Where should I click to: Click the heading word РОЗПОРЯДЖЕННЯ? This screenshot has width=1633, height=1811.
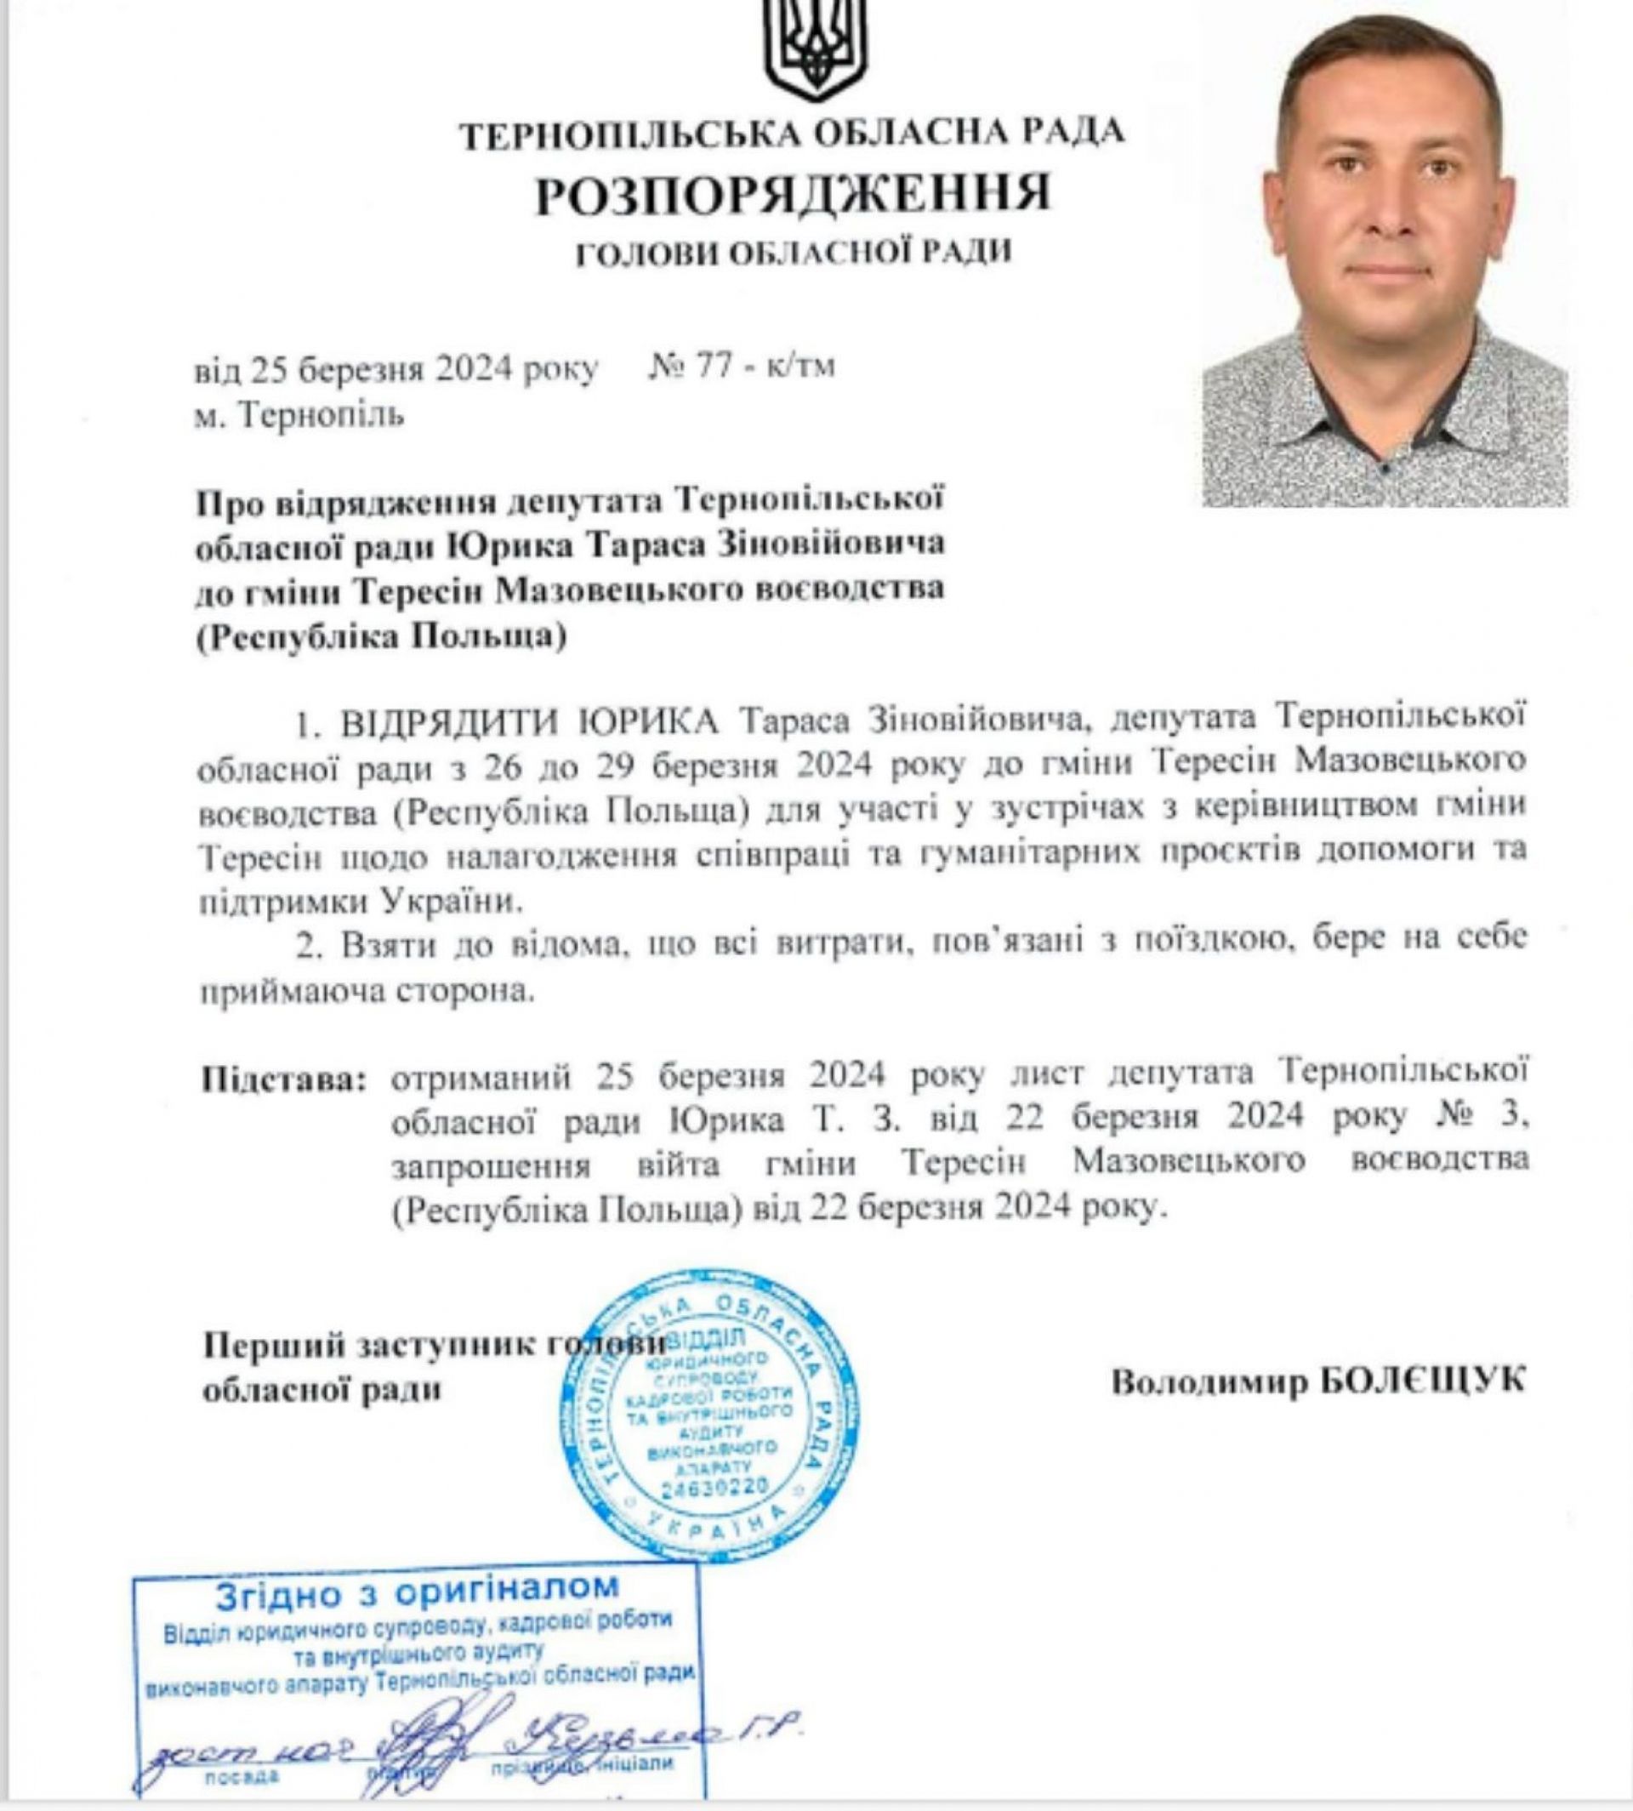pos(793,194)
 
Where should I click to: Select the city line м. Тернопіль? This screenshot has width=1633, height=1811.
pos(299,415)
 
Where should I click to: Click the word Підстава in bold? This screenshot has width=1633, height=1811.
pos(283,1076)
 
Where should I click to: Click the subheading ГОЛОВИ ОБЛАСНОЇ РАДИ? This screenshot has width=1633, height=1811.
pos(793,253)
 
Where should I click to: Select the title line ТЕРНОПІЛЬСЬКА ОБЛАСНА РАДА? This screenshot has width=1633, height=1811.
pos(793,134)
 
